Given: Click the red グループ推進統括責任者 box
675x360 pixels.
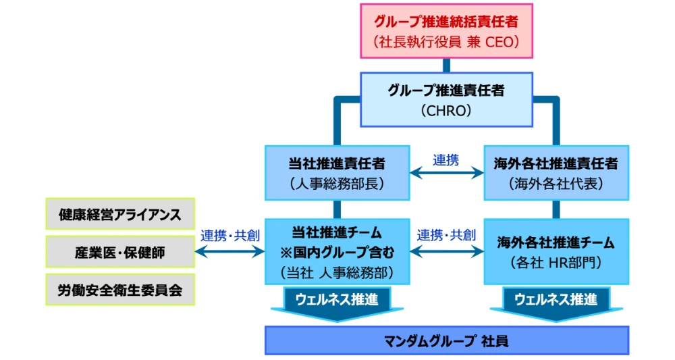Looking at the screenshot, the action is [x=446, y=31].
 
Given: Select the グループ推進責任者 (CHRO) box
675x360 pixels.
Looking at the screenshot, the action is [x=446, y=99].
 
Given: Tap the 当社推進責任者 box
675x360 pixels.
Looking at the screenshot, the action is [x=337, y=173].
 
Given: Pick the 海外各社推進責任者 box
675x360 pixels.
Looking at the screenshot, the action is [x=556, y=173].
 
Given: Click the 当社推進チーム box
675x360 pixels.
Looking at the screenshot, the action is [x=337, y=252].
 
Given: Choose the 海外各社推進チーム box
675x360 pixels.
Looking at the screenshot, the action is [x=556, y=252].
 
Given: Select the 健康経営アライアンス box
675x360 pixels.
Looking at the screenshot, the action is [x=121, y=214].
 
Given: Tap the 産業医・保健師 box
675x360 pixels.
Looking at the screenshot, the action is [x=121, y=252].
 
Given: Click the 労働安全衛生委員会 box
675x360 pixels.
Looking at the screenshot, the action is [x=121, y=290].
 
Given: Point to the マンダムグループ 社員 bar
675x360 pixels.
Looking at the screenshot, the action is [x=446, y=340].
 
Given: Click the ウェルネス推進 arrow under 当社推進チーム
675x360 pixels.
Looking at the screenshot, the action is [x=337, y=304].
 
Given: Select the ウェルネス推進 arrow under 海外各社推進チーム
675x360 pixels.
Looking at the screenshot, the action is [x=556, y=304].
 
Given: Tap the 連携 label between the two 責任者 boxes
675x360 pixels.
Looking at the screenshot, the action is [x=446, y=160].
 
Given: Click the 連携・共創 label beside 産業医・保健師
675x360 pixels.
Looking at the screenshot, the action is [x=230, y=236].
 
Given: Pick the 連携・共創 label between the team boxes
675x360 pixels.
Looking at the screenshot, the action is [x=446, y=235].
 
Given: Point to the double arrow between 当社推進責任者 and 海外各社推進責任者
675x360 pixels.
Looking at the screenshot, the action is [x=447, y=173].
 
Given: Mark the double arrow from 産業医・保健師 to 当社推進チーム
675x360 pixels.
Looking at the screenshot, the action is [x=230, y=251].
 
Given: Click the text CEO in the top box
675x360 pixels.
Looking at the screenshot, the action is [x=500, y=42].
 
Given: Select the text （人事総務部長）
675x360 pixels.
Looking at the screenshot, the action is [x=337, y=184].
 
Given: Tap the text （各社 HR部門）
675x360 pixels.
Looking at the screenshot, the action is [x=556, y=263].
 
